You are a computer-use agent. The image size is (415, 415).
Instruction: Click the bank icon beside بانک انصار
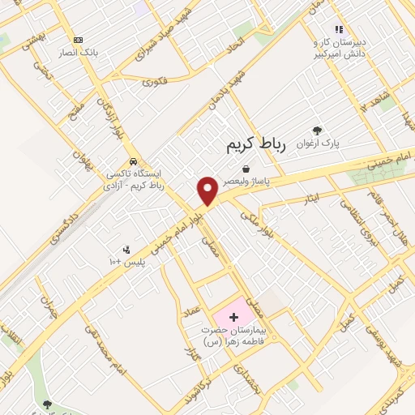(x=78, y=40)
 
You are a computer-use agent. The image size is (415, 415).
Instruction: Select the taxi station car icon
(x=133, y=160)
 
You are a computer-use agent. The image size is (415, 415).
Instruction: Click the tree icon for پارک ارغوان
(x=317, y=130)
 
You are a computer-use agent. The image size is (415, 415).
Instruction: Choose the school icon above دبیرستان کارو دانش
(x=339, y=30)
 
